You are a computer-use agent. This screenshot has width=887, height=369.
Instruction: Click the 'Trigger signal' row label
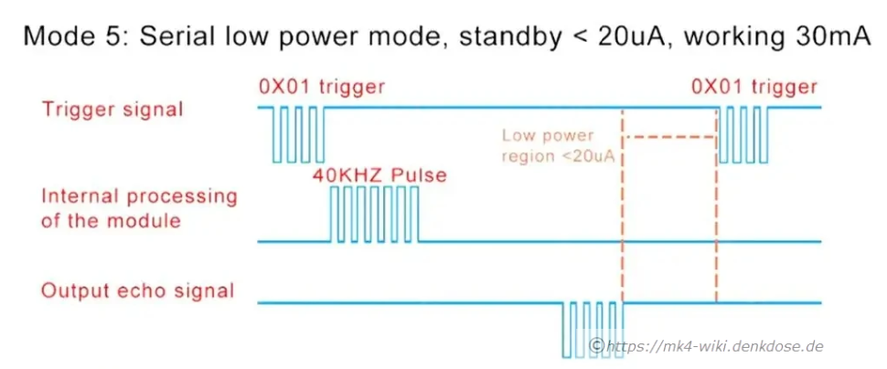pyautogui.click(x=112, y=109)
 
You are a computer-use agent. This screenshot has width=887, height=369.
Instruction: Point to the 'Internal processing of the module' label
pyautogui.click(x=139, y=208)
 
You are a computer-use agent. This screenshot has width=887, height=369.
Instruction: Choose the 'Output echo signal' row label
pyautogui.click(x=138, y=291)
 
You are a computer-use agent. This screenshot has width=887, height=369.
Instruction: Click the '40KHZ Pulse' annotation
pyautogui.click(x=379, y=174)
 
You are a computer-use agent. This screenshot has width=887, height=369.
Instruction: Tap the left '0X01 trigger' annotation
pyautogui.click(x=321, y=88)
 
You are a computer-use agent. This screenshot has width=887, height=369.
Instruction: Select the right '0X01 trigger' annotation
pyautogui.click(x=754, y=88)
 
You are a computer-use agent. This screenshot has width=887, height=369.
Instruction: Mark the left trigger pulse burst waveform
pyautogui.click(x=297, y=134)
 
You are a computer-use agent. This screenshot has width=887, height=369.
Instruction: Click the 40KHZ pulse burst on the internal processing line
pyautogui.click(x=374, y=215)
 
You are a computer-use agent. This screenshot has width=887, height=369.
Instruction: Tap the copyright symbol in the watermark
pyautogui.click(x=597, y=345)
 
